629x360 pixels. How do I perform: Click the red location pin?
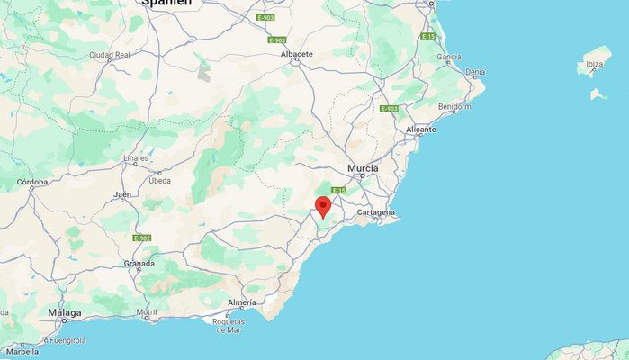323,206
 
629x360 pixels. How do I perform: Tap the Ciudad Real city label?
110,55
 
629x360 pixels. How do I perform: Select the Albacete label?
297,54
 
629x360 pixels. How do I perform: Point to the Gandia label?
449,57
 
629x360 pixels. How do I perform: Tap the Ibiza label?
595,64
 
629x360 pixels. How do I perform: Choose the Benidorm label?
454,106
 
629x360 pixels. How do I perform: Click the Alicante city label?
420,130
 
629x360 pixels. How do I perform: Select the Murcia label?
364,168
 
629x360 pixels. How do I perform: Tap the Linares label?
136,158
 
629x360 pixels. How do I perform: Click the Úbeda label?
159,180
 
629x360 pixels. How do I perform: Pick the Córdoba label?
32,182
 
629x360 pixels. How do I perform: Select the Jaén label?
122,194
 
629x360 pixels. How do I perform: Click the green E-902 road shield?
141,238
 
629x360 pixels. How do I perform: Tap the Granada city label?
139,264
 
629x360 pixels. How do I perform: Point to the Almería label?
242,301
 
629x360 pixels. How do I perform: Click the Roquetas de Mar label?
227,325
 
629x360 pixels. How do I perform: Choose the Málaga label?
65,313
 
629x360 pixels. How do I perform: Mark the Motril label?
147,312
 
